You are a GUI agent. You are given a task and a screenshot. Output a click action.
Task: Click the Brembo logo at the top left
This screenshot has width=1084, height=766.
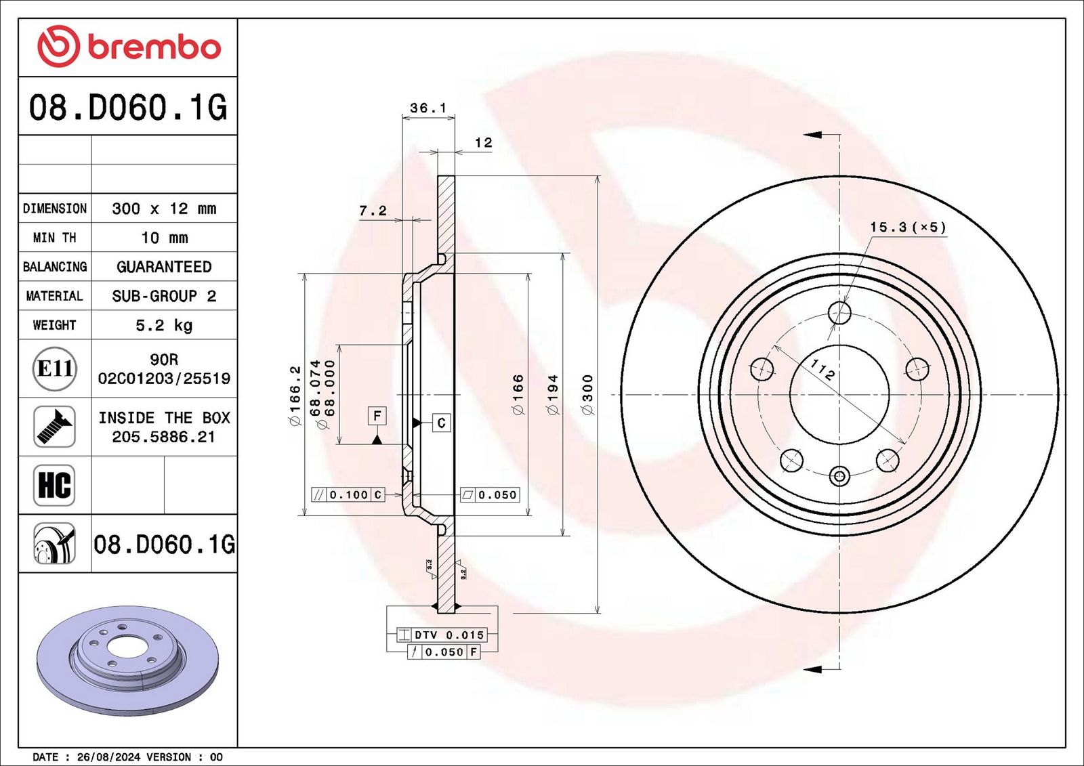pos(129,47)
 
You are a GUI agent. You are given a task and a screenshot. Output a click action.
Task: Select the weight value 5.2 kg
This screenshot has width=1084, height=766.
pos(164,325)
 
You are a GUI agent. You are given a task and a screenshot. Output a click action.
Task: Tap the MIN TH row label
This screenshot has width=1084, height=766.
pos(55,238)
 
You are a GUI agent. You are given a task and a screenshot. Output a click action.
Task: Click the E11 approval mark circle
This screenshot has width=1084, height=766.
pos(55,368)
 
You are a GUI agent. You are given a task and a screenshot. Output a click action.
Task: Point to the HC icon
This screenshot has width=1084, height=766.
pos(54,486)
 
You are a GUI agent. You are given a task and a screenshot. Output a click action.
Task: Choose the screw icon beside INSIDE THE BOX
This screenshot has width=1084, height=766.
pos(54,427)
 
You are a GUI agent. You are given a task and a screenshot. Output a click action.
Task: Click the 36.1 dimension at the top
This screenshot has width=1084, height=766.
pos(428,108)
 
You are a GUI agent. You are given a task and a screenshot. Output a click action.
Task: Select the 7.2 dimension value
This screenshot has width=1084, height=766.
pos(373,211)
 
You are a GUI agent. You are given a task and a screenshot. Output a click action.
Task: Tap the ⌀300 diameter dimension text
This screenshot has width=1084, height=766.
pos(587,394)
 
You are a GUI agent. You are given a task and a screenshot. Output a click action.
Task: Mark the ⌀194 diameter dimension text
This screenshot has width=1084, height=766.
pos(552,394)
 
